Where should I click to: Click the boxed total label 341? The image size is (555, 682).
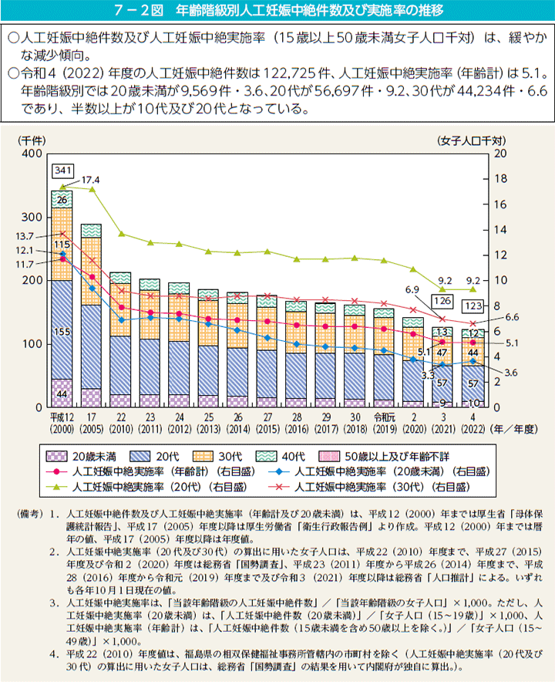[x=62, y=170]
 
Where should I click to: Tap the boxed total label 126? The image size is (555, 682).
[x=442, y=300]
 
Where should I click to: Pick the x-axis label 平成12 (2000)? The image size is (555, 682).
[x=62, y=423]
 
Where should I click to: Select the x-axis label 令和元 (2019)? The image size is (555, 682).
[x=382, y=423]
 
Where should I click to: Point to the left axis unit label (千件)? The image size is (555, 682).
[x=32, y=140]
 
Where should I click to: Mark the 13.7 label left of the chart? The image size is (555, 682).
[x=25, y=235]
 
